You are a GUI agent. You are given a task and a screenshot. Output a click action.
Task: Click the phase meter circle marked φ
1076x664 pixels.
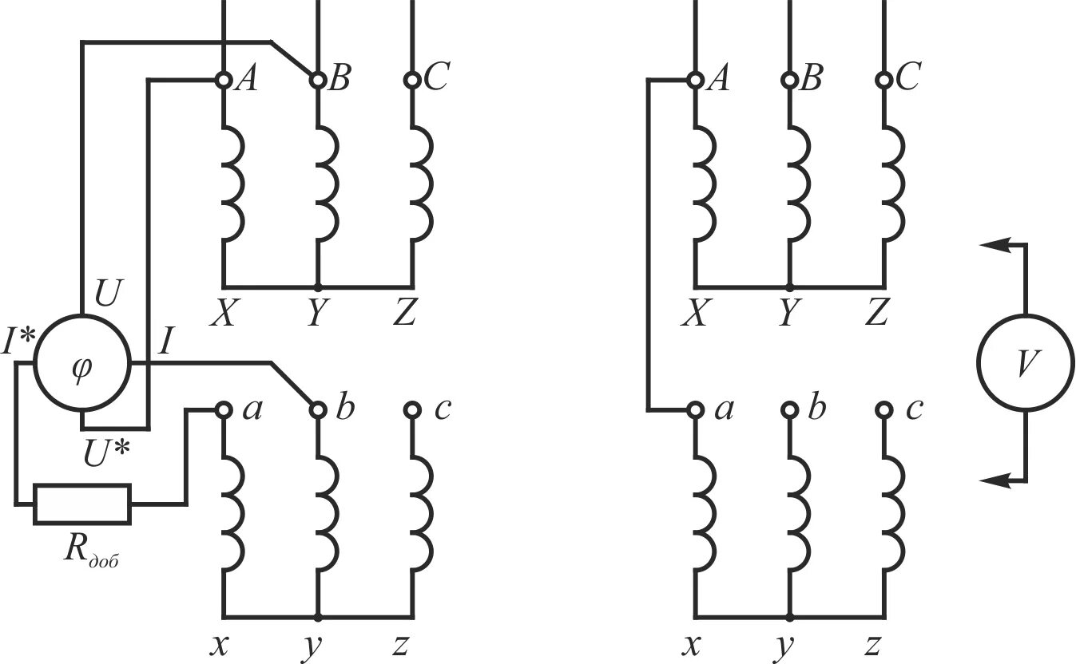(x=81, y=363)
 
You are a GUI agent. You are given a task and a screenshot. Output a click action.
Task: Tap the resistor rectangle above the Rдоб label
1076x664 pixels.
(x=81, y=504)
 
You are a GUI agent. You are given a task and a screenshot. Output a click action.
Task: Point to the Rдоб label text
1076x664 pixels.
(x=91, y=551)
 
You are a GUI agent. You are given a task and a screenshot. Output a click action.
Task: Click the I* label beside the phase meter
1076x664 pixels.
(x=18, y=342)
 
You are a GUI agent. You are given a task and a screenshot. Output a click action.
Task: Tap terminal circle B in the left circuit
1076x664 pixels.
(x=318, y=80)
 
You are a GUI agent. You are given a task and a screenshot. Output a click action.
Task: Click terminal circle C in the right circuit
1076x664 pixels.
(x=883, y=80)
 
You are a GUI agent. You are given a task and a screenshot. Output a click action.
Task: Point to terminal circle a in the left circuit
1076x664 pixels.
(x=223, y=410)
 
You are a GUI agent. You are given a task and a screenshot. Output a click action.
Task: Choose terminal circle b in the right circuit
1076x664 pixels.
(x=790, y=410)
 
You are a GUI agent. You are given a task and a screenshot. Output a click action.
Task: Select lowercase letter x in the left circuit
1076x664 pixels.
(x=216, y=644)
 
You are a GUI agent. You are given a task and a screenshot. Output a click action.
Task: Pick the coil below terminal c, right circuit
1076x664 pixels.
(x=893, y=512)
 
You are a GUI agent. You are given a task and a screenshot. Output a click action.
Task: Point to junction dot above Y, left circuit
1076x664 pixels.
(x=318, y=287)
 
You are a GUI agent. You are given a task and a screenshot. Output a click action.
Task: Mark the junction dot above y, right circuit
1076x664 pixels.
(x=790, y=617)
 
